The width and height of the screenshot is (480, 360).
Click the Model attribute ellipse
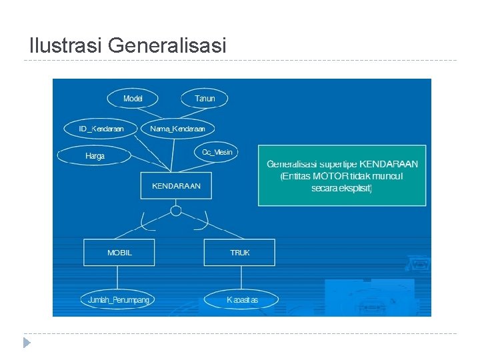click(133, 99)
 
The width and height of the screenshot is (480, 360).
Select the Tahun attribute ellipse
click(205, 99)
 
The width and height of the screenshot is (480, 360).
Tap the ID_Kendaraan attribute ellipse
click(101, 128)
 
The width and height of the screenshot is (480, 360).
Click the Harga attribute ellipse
click(95, 156)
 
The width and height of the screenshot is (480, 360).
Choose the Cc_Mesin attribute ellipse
click(217, 152)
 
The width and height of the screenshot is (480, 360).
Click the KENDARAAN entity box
click(176, 186)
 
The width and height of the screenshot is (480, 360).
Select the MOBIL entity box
click(119, 253)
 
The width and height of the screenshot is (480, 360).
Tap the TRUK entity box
click(240, 253)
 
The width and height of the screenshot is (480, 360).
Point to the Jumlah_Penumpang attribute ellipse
click(119, 300)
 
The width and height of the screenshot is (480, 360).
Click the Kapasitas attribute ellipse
click(241, 300)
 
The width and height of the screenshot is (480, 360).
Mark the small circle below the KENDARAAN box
click(176, 211)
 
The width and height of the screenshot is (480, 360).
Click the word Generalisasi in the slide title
click(167, 45)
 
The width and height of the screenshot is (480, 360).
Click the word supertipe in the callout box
click(338, 163)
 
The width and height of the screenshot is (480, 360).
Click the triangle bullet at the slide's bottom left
click(27, 343)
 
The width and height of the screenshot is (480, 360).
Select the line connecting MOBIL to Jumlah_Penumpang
click(118, 278)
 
